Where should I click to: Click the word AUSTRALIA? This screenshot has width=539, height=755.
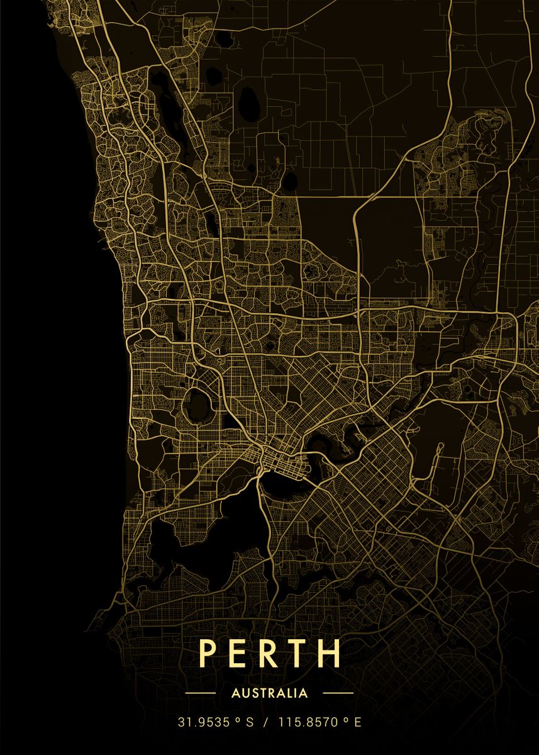coord(270,693)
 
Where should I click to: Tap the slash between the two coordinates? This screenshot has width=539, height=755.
coord(266,722)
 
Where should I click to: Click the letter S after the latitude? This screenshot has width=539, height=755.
coord(250,722)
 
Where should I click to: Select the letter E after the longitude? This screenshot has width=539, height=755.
coord(358,722)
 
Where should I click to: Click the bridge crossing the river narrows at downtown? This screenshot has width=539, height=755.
coord(259,472)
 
